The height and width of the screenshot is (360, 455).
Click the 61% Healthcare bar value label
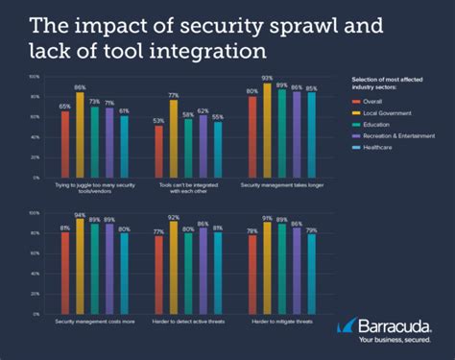point(124,111)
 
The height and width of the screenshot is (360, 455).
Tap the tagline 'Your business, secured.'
point(393,341)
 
